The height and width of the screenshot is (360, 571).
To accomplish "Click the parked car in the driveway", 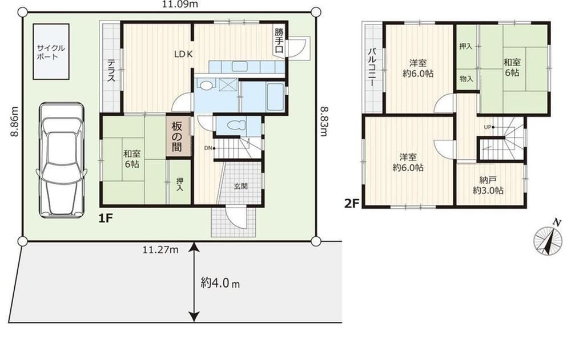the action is [x=62, y=160].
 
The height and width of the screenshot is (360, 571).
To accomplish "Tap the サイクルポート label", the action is [x=51, y=52].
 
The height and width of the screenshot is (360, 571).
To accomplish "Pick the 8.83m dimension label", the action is [x=323, y=121].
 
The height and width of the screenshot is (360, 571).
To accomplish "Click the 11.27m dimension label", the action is [x=160, y=250].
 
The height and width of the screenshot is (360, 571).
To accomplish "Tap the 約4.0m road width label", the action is [x=220, y=282].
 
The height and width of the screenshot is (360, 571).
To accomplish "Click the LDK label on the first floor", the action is [x=183, y=55].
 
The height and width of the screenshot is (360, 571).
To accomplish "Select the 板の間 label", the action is [x=177, y=137].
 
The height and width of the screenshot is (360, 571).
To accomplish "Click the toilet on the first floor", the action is [x=237, y=126].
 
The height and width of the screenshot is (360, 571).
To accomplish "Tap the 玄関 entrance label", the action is [x=241, y=187].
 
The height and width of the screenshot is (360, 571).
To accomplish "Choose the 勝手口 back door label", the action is [x=279, y=41].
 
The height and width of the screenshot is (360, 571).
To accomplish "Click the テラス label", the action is [x=111, y=71].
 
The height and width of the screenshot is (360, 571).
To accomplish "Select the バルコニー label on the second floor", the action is [x=372, y=67].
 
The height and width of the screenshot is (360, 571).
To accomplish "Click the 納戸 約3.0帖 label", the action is [x=488, y=185].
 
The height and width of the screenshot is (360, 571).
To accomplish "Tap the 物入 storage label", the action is [x=466, y=79].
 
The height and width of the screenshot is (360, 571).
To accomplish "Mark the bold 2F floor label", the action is [x=352, y=203].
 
